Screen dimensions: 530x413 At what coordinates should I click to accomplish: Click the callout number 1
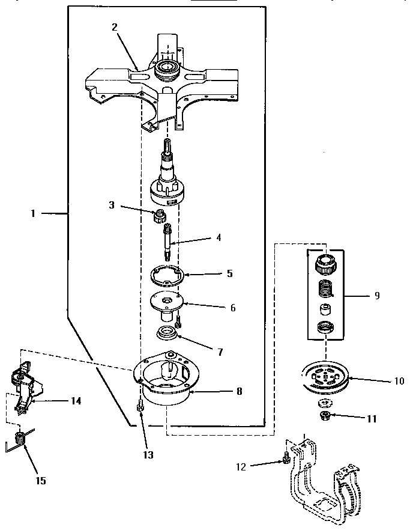pyautogui.click(x=34, y=213)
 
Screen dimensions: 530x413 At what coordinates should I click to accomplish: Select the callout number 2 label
pyautogui.click(x=114, y=26)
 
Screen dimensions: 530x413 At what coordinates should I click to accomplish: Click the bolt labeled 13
pyautogui.click(x=140, y=408)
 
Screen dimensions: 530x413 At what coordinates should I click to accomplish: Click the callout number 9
pyautogui.click(x=376, y=296)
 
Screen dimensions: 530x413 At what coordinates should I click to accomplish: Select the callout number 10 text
pyautogui.click(x=382, y=381)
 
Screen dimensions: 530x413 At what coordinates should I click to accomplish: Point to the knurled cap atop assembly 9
pyautogui.click(x=325, y=262)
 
